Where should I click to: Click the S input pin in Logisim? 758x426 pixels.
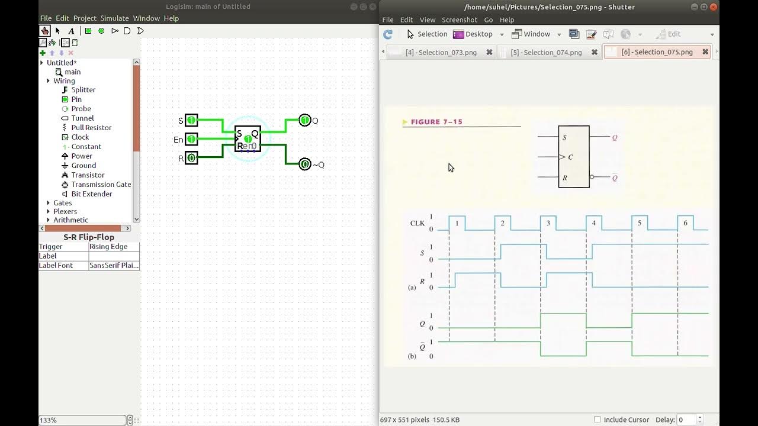pyautogui.click(x=191, y=120)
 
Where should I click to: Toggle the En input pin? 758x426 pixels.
pyautogui.click(x=191, y=139)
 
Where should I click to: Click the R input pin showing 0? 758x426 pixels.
pyautogui.click(x=191, y=158)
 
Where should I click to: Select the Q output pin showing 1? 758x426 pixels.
pyautogui.click(x=305, y=120)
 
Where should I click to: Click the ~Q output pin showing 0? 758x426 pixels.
pyautogui.click(x=305, y=164)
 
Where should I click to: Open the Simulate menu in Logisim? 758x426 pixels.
pyautogui.click(x=114, y=18)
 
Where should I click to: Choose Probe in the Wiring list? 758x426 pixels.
pyautogui.click(x=81, y=108)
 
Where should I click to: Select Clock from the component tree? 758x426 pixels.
pyautogui.click(x=80, y=137)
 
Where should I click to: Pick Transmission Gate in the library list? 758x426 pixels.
pyautogui.click(x=101, y=184)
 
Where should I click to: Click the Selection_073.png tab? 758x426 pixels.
pyautogui.click(x=441, y=53)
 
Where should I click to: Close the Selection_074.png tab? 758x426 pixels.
pyautogui.click(x=595, y=53)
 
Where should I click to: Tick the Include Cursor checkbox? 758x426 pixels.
pyautogui.click(x=598, y=419)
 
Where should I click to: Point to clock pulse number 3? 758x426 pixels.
pyautogui.click(x=548, y=223)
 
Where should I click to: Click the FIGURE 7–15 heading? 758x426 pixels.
pyautogui.click(x=436, y=122)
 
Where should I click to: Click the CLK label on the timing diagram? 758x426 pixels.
pyautogui.click(x=417, y=223)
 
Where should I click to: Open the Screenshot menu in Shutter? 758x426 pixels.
pyautogui.click(x=459, y=20)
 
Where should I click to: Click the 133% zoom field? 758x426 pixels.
pyautogui.click(x=82, y=420)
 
